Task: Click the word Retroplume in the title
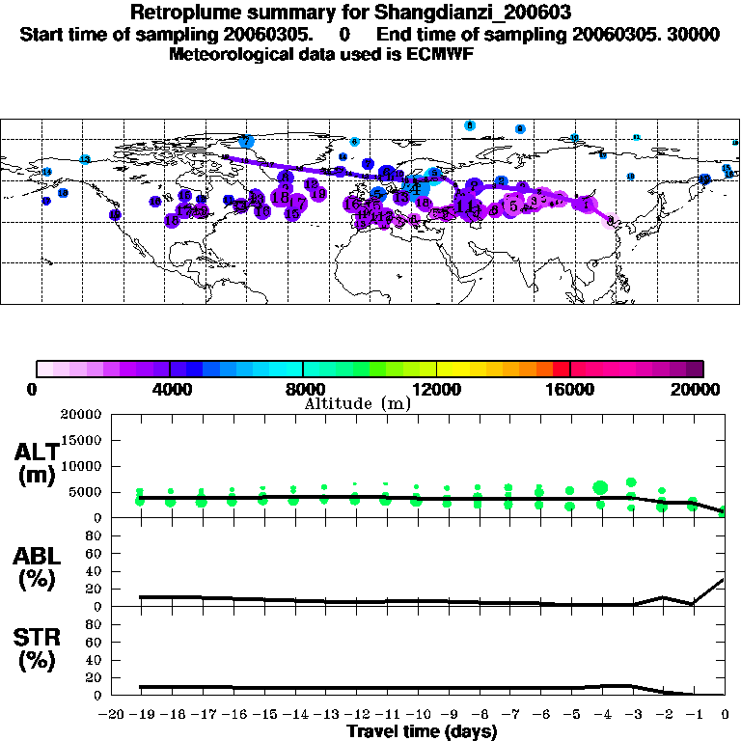point(179,13)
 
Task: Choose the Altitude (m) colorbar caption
point(357,403)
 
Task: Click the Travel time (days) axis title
point(422,731)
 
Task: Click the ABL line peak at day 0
point(724,580)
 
